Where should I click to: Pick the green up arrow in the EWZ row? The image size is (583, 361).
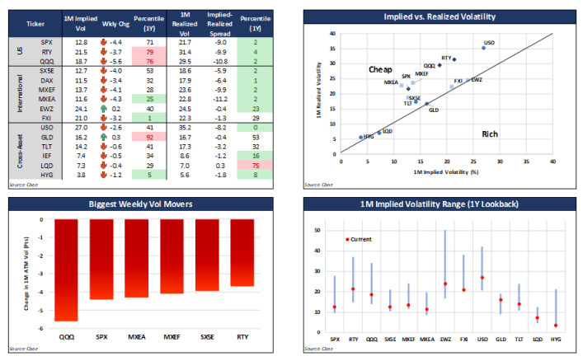point(101,108)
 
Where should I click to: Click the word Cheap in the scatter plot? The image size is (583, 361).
point(380,70)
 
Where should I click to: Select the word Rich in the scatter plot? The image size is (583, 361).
point(489,134)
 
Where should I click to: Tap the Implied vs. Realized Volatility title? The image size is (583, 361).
point(440,16)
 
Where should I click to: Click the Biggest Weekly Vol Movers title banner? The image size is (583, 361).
point(147,204)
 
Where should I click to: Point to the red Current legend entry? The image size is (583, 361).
point(359,240)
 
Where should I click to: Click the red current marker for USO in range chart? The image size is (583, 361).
point(482,278)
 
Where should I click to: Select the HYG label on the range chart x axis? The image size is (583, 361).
point(556,339)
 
